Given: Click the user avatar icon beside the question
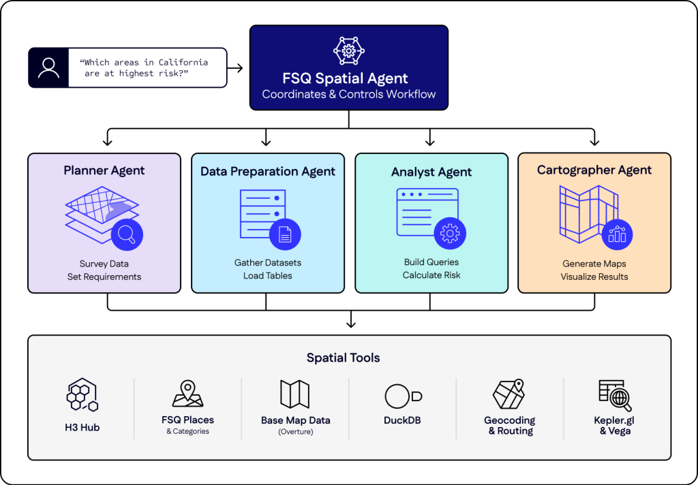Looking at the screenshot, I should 48,67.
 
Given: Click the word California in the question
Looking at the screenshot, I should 183,62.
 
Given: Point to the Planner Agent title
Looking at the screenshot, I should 104,170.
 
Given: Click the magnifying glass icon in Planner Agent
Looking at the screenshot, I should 126,234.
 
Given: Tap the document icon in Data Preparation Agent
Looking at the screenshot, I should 285,234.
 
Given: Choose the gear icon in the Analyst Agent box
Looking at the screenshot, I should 450,234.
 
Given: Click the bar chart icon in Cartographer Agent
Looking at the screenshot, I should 617,234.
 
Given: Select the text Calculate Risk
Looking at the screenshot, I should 431,275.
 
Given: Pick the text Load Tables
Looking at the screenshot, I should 268,276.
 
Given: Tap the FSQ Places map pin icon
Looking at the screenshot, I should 187,394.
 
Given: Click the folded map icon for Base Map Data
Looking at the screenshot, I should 295,394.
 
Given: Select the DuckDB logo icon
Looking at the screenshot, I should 402,396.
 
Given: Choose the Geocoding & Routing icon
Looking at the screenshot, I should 509,394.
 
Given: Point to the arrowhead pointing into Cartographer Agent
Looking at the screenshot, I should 594,142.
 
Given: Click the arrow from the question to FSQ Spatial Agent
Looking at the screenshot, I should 236,67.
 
